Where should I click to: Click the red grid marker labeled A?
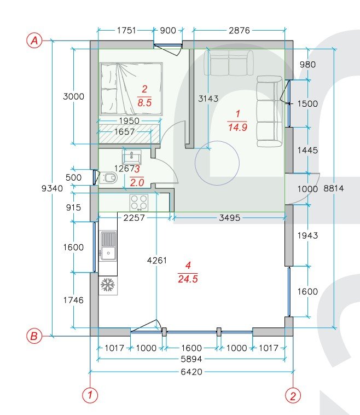pos(34,41)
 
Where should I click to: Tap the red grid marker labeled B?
pos(34,336)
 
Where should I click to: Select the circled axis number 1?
pos(90,395)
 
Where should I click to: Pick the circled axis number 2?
pos(293,396)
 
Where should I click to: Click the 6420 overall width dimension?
pos(191,372)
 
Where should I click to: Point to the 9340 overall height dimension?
pos(52,188)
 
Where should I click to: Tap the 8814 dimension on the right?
pos(334,188)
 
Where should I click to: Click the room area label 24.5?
pos(188,279)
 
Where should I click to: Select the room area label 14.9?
pos(237,128)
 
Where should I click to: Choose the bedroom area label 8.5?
pos(144,102)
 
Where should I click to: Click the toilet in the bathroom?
pos(108,177)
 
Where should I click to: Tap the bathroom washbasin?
pos(132,157)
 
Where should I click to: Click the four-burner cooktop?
pos(139,203)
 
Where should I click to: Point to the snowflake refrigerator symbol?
pos(107,285)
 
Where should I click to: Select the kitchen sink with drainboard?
pos(108,246)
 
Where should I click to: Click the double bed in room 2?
pos(131,89)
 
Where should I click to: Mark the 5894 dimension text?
pos(191,359)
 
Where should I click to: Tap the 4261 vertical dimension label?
pos(157,261)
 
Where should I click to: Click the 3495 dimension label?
pos(230,217)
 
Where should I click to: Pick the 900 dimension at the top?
pos(168,31)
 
